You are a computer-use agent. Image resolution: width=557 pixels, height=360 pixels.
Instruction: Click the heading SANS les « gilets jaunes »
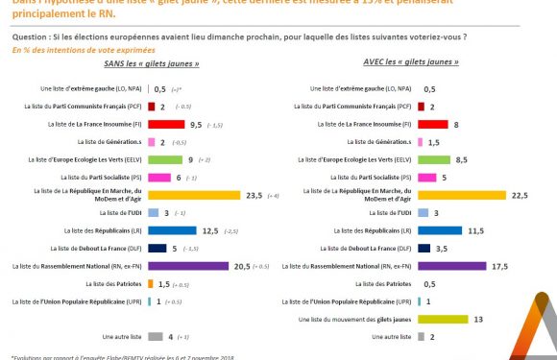point(157,62)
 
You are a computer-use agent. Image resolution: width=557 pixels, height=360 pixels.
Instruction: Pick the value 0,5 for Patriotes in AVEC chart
point(429,283)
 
